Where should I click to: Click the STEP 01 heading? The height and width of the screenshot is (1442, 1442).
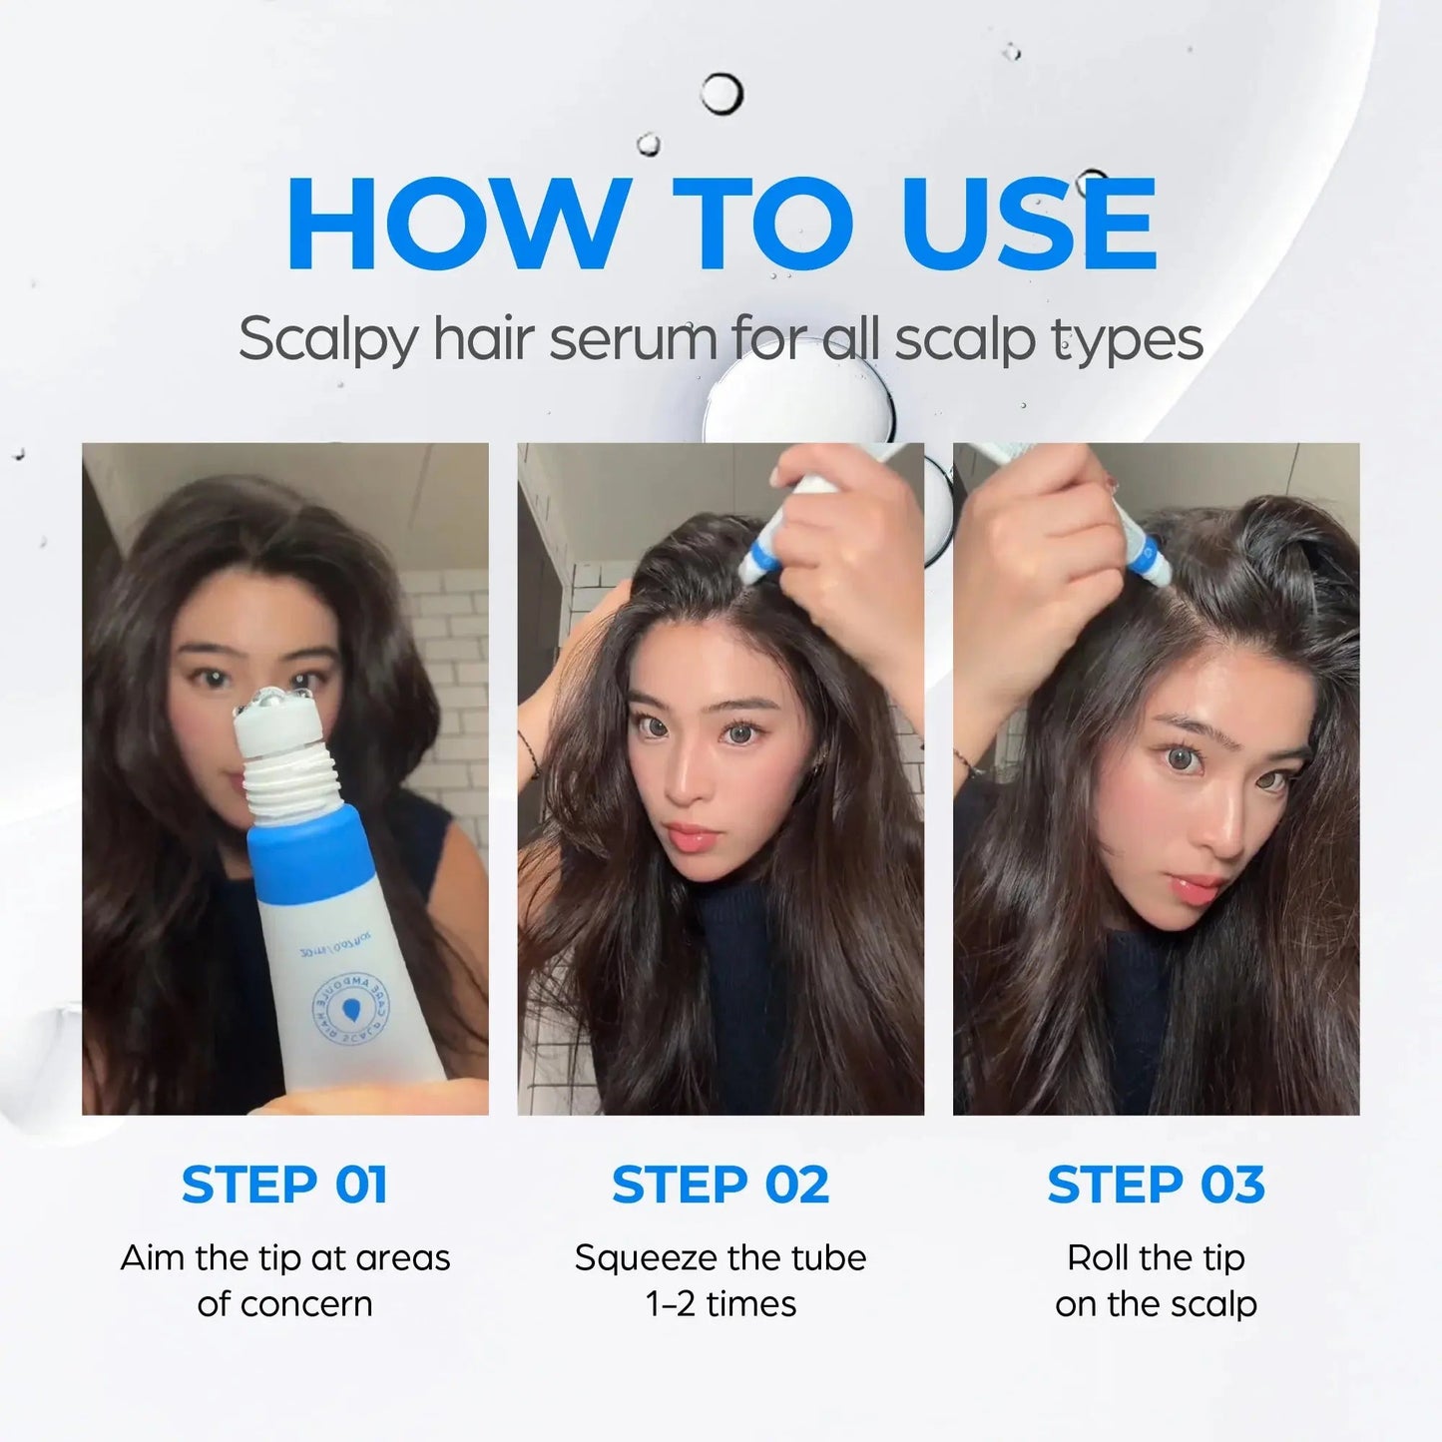tap(284, 1185)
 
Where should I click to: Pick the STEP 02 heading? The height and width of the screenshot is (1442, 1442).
tap(721, 1185)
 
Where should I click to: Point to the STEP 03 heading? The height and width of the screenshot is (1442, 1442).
tap(1156, 1185)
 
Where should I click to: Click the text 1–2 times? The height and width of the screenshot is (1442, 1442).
tap(721, 1304)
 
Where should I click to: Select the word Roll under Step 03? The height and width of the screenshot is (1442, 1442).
tap(1099, 1257)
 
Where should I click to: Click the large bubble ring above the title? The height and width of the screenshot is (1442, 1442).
tap(721, 95)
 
